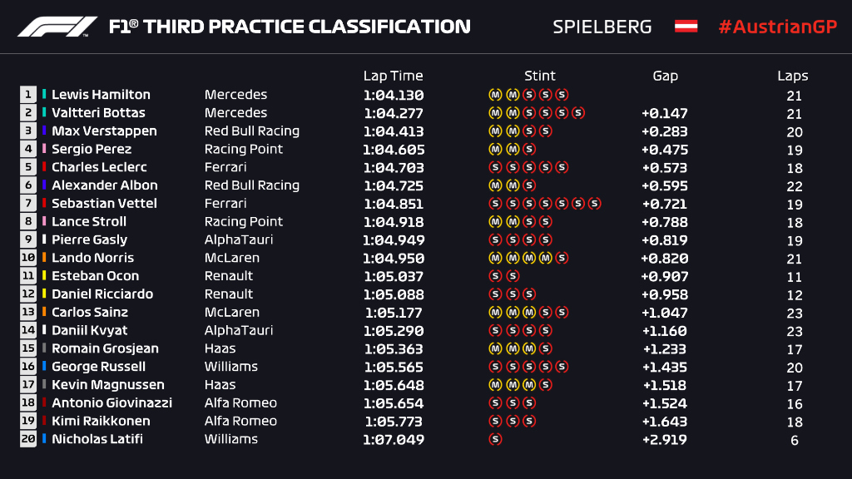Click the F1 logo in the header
coord(57,27)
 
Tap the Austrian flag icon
coord(686,27)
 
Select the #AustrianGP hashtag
coord(777,27)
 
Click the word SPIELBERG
coord(602,27)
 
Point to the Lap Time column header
coord(393,76)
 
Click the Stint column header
coord(540,76)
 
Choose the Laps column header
coord(793,76)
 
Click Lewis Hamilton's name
coord(101,95)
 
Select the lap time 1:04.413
coord(394,131)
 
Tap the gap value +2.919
coord(664,440)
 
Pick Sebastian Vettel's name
coord(104,204)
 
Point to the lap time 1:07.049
coord(394,440)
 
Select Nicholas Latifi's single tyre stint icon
coord(496,440)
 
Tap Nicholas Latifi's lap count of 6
coord(795,441)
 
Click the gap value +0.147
coord(664,113)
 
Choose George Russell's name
coord(98,367)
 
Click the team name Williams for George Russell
coord(231,367)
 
